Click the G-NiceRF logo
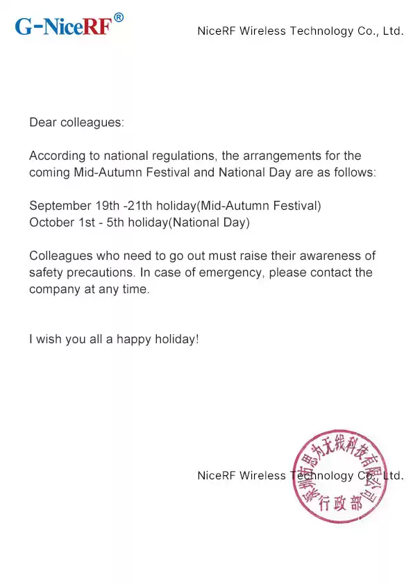pyautogui.click(x=63, y=27)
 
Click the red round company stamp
pyautogui.click(x=339, y=478)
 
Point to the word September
pyautogui.click(x=60, y=206)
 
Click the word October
pyautogui.click(x=51, y=223)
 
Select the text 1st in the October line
pyautogui.click(x=87, y=223)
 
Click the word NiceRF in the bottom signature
pyautogui.click(x=217, y=476)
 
